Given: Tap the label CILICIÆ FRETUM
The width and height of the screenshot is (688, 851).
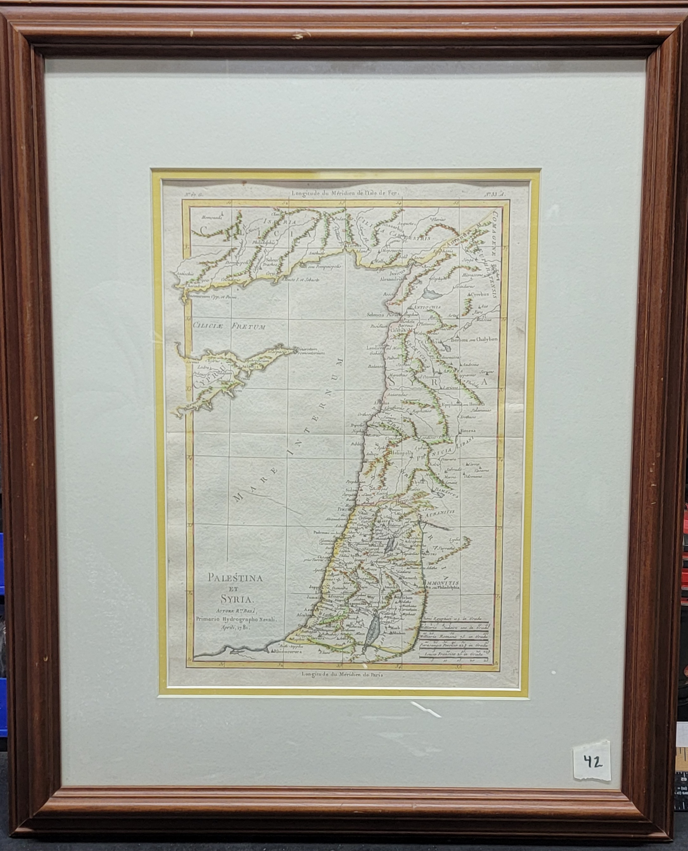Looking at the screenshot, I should pos(229,327).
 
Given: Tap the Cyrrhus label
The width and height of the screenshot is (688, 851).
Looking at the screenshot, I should pos(479,295).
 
